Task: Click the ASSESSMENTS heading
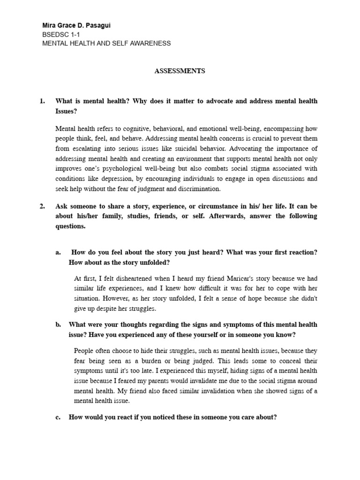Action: click(x=180, y=71)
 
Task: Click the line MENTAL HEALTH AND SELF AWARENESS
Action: click(x=106, y=43)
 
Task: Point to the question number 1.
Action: click(x=42, y=101)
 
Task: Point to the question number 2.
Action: click(x=42, y=206)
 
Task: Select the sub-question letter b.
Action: click(x=58, y=324)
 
